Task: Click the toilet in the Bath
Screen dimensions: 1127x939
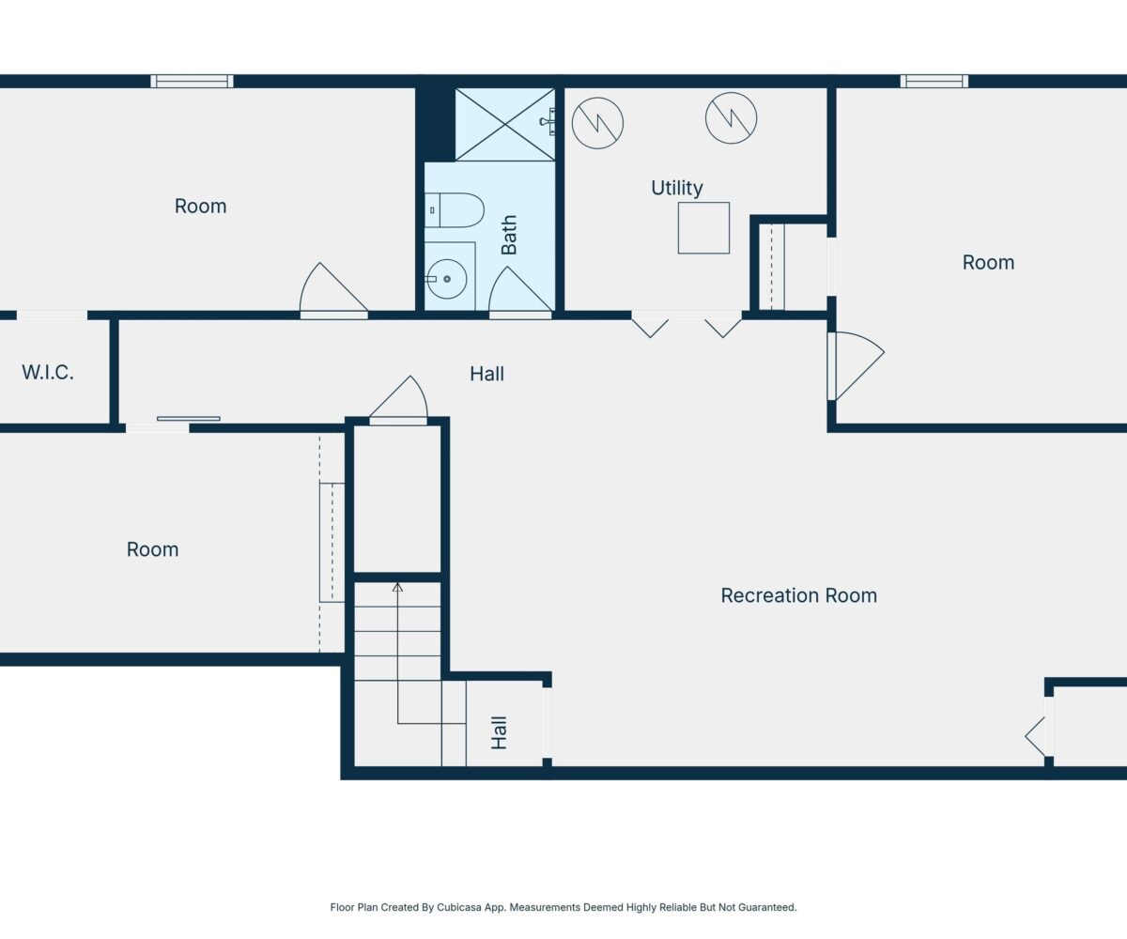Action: (454, 210)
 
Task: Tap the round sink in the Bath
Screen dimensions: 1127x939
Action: (446, 279)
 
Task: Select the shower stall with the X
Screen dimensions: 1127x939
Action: (504, 125)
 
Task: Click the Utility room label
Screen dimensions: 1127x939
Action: (677, 188)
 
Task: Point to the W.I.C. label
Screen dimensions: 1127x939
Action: (48, 373)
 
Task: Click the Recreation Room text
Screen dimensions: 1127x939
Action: (799, 595)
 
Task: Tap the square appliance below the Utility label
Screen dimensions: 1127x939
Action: (703, 228)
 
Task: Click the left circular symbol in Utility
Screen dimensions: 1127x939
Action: (597, 123)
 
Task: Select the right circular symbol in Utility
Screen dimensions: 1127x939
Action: (731, 118)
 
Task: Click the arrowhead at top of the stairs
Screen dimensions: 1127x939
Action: (398, 587)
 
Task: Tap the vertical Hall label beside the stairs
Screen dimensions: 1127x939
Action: (500, 732)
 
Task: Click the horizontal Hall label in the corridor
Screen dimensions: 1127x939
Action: (486, 374)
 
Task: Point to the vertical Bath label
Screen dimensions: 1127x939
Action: (509, 235)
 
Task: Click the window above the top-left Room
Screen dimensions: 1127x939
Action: (192, 82)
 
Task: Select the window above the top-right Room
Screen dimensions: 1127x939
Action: (934, 82)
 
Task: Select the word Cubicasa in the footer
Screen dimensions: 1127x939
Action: (459, 907)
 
